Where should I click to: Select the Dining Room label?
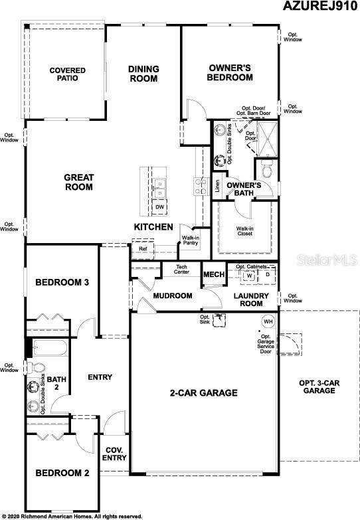(143, 73)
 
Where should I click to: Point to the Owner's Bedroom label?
(230, 72)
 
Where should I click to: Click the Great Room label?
(78, 182)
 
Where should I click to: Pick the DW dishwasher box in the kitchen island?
(159, 207)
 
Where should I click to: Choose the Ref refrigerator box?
(143, 250)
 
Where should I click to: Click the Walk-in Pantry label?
(191, 241)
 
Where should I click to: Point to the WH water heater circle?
(268, 321)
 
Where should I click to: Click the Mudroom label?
(173, 296)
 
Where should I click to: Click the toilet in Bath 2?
(38, 367)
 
